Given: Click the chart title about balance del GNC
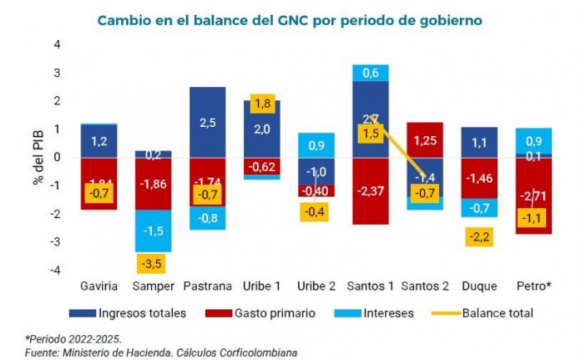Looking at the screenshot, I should (x=290, y=18).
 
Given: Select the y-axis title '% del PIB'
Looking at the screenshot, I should (x=38, y=157).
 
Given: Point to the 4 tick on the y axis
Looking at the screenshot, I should (x=57, y=44).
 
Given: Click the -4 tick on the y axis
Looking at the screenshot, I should (x=56, y=270).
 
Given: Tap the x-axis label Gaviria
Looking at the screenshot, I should (x=99, y=286).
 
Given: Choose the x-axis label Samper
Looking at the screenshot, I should (x=153, y=286).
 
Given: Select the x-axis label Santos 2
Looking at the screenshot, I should (x=426, y=286).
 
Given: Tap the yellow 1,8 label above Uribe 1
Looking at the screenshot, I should (x=262, y=104).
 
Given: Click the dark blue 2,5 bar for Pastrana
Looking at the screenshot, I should (x=207, y=122).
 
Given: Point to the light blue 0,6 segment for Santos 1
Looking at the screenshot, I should (x=371, y=72).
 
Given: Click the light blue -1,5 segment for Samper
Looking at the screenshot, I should (x=154, y=231).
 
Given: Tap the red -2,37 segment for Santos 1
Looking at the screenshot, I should (x=371, y=192).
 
